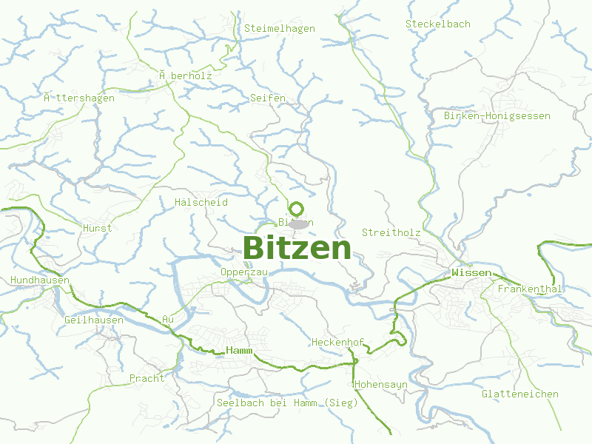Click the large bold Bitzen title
pos(296,248)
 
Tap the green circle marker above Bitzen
pos(297,209)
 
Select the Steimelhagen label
pos(279,29)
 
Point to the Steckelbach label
pos(437,24)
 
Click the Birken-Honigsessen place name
pos(497,116)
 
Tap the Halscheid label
pos(201,203)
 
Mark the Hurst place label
pos(98,228)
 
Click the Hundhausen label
pos(40,280)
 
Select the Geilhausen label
pos(94,320)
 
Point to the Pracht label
pos(147,378)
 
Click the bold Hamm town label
pos(240,350)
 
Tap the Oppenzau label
pos(243,272)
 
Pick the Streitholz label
pos(391,233)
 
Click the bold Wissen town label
pos(471,274)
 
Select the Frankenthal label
pos(530,289)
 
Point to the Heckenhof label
pos(337,343)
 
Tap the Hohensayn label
pos(381,386)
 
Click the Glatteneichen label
pos(519,394)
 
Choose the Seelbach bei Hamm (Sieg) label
pos(287,403)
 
